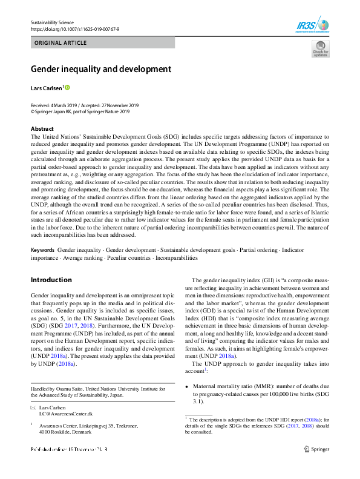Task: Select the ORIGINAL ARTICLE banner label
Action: [61, 43]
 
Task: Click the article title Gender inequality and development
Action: [102, 69]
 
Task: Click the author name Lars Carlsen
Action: [46, 88]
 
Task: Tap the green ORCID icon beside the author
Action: [67, 88]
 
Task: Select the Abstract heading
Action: [42, 129]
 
